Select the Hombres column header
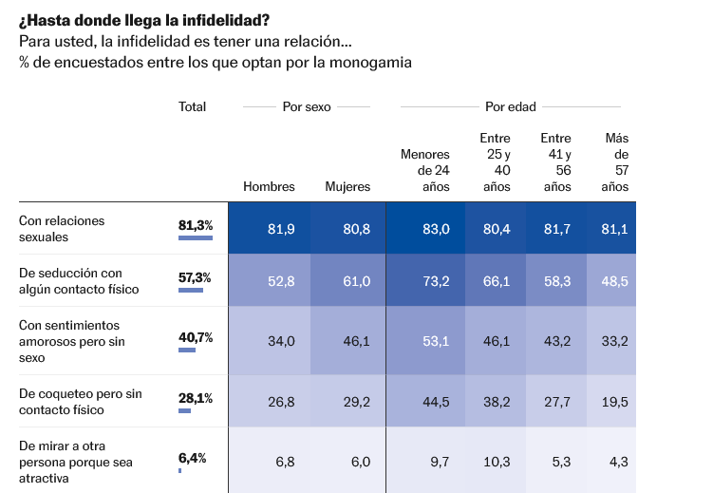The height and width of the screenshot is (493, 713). pyautogui.click(x=269, y=187)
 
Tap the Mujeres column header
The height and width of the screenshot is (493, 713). pyautogui.click(x=347, y=187)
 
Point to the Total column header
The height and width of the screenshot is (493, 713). pyautogui.click(x=192, y=106)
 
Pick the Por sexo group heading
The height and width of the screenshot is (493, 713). pyautogui.click(x=307, y=106)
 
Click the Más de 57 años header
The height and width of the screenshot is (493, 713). pyautogui.click(x=615, y=162)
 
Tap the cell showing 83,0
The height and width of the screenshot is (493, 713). pyautogui.click(x=436, y=229)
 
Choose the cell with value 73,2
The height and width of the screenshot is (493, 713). pyautogui.click(x=436, y=281)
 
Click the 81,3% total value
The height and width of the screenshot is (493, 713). pyautogui.click(x=196, y=225)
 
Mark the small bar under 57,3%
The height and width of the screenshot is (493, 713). pyautogui.click(x=191, y=290)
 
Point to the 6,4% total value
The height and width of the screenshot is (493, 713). pyautogui.click(x=193, y=458)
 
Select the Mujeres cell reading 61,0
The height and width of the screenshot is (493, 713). pyautogui.click(x=356, y=281)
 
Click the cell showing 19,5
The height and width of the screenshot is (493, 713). pyautogui.click(x=615, y=402)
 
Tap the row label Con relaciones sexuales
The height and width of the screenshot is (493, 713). pyautogui.click(x=62, y=228)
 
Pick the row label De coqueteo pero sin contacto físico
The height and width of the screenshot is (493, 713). pyautogui.click(x=81, y=402)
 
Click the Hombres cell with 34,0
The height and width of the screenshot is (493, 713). pyautogui.click(x=281, y=341)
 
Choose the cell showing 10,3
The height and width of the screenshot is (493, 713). pyautogui.click(x=497, y=462)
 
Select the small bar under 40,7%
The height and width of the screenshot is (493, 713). pyautogui.click(x=187, y=350)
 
